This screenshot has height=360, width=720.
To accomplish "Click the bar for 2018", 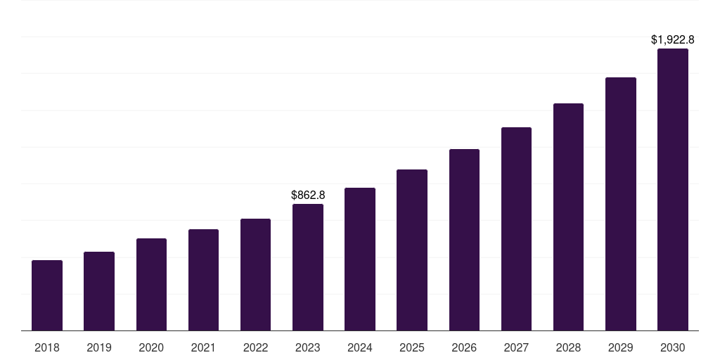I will [x=47, y=295].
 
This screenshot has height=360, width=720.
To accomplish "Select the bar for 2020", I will [x=151, y=284].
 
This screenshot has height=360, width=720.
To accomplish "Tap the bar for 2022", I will [x=255, y=274].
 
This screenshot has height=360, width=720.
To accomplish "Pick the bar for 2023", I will [x=308, y=267].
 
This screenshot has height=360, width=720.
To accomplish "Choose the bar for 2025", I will [x=412, y=250].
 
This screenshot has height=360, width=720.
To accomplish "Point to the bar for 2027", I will [x=516, y=229].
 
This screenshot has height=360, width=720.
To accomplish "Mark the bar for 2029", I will [x=621, y=204].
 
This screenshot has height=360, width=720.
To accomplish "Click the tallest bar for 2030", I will [x=673, y=190].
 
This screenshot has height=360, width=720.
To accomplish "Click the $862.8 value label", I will [x=308, y=195].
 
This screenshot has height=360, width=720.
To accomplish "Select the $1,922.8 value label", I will [x=673, y=40].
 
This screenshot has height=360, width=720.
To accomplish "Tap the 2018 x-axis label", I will [x=47, y=347].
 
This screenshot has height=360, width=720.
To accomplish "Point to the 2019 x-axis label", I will [x=99, y=347].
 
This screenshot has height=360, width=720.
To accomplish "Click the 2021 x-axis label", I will [x=203, y=347].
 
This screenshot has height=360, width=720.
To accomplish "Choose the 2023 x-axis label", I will [x=308, y=347].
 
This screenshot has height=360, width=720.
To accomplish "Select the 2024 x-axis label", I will [x=360, y=347].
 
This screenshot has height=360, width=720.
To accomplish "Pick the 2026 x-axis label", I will [x=464, y=347].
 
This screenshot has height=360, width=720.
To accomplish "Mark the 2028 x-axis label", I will [x=568, y=347].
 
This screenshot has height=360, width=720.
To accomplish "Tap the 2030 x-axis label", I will [x=673, y=347].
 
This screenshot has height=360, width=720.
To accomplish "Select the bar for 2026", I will [x=464, y=240].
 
